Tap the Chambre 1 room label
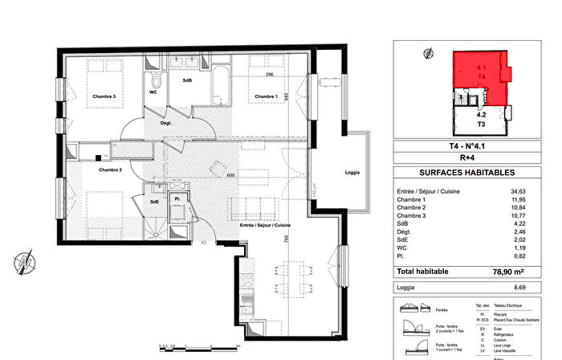266,97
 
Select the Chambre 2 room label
110,170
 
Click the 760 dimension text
285,241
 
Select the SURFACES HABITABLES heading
456,173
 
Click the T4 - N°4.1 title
456,147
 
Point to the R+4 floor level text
456,160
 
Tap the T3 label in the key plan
482,125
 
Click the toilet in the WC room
157,81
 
